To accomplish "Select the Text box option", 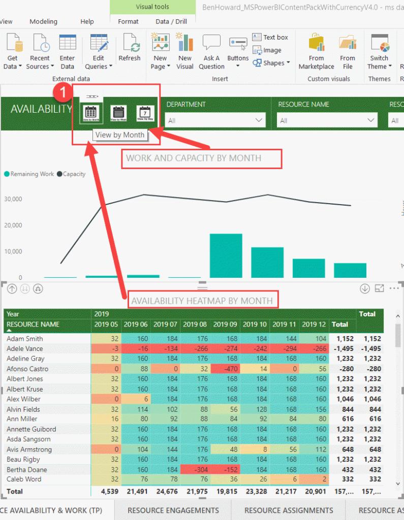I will click(x=270, y=37).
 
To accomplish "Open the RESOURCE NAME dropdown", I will click(x=327, y=120).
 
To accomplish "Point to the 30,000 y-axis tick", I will click(x=13, y=199).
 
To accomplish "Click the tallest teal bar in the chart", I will click(x=226, y=255).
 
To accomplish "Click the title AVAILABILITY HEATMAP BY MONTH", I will click(x=202, y=301).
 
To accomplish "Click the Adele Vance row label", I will click(x=24, y=349).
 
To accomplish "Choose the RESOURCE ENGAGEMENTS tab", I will click(x=173, y=510).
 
